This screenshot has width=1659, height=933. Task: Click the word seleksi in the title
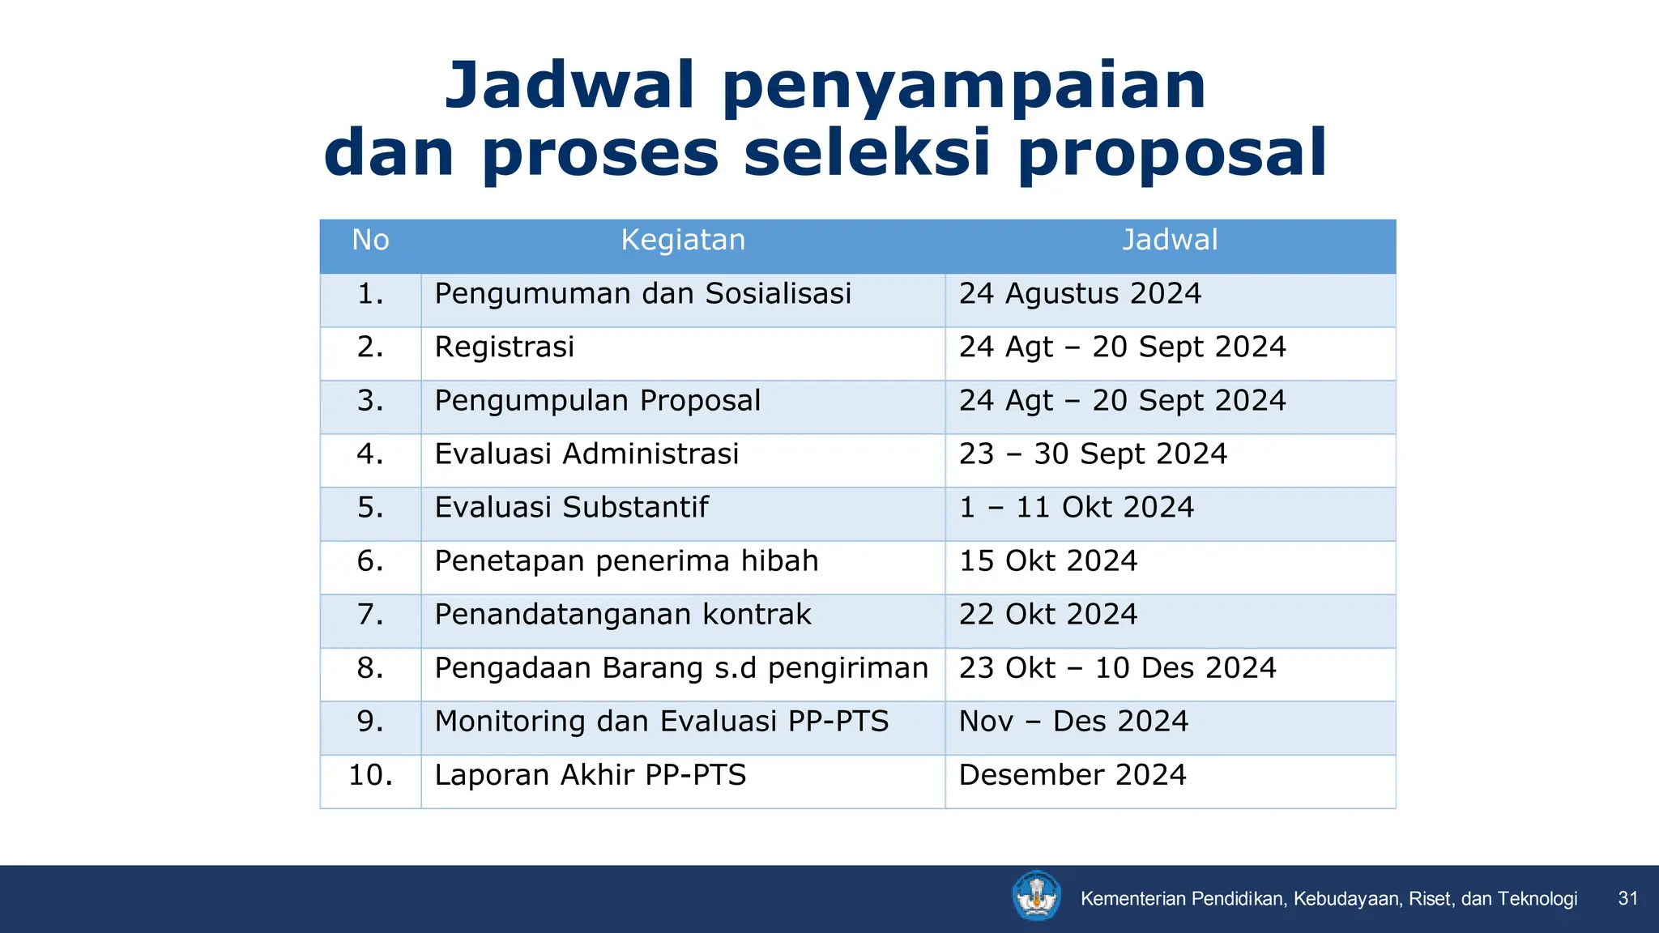(x=867, y=153)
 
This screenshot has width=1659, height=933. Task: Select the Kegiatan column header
(x=683, y=241)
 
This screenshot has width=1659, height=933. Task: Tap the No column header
(x=370, y=241)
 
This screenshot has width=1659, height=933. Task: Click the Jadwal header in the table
(x=1170, y=241)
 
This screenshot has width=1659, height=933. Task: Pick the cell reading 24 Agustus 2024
(x=1080, y=294)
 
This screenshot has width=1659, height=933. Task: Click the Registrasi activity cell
(x=504, y=347)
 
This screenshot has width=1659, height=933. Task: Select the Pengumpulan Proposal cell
(x=597, y=401)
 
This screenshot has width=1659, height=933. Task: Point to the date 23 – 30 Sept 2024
(x=1093, y=454)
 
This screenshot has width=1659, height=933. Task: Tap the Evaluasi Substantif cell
(x=571, y=508)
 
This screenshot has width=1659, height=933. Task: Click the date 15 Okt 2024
(x=1048, y=561)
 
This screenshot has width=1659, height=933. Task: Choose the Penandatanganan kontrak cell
(x=622, y=615)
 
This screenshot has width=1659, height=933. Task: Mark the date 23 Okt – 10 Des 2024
(x=1117, y=668)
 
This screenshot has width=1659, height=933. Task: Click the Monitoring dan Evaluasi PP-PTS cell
(x=661, y=722)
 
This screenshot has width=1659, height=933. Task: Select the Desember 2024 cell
(x=1073, y=775)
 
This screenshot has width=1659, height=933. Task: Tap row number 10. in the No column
(x=370, y=775)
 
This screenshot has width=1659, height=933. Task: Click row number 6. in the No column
(x=370, y=561)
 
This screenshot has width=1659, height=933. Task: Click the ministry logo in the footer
(x=1036, y=897)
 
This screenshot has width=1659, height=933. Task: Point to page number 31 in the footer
(x=1627, y=898)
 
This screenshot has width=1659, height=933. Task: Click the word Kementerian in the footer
(x=1133, y=899)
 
